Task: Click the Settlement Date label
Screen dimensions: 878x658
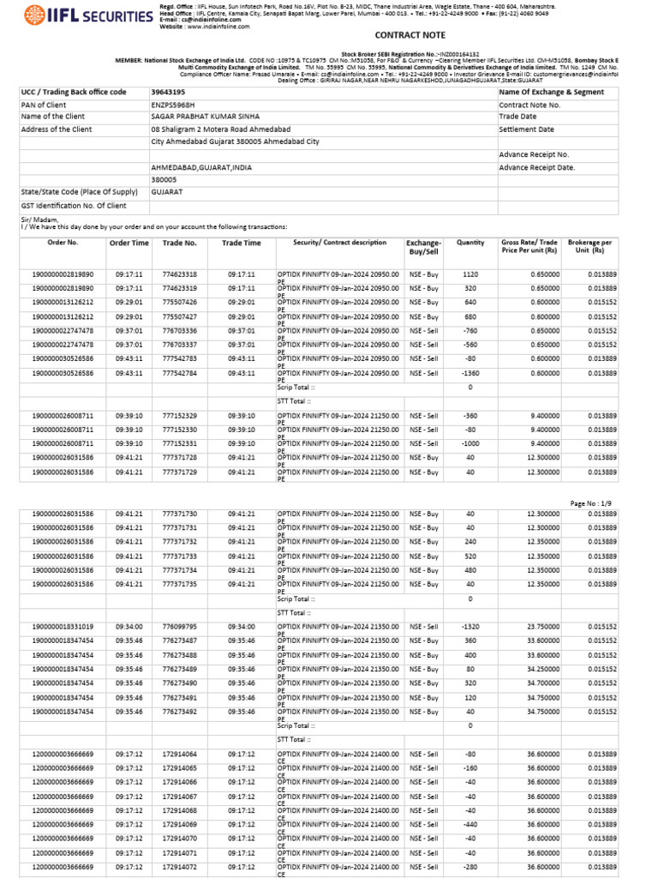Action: [526, 129]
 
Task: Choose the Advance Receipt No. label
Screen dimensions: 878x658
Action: [534, 155]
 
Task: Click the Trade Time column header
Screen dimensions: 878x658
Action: [242, 244]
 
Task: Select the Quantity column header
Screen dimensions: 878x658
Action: [470, 244]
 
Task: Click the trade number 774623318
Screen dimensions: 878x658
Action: [180, 274]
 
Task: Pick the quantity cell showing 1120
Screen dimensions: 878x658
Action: [470, 274]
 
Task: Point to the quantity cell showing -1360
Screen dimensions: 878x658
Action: [467, 373]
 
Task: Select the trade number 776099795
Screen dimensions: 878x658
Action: [180, 627]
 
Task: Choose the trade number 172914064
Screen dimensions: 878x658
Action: [180, 755]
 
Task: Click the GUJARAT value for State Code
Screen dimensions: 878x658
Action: [167, 192]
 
